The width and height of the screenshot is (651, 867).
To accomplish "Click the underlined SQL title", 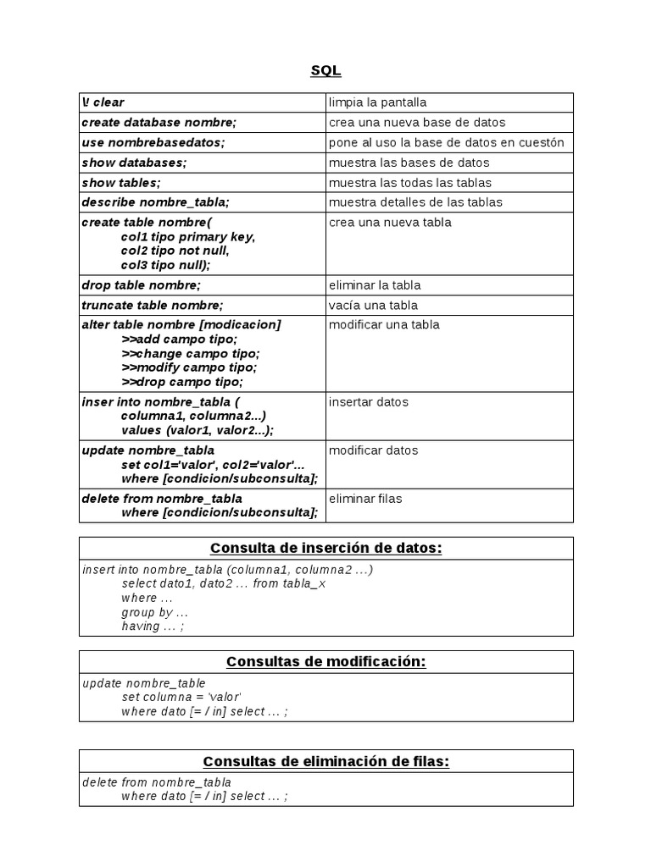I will click(325, 70).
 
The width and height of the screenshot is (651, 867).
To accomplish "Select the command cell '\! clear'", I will click(103, 102).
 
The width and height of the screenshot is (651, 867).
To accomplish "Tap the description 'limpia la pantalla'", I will click(378, 102).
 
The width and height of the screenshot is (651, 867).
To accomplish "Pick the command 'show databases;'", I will click(134, 163).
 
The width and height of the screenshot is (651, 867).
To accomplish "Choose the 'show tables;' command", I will click(121, 183).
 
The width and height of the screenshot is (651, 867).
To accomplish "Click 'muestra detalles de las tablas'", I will click(415, 202).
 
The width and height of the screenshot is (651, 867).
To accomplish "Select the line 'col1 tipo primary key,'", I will click(187, 237).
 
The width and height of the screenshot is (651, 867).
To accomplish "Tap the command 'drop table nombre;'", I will click(141, 285).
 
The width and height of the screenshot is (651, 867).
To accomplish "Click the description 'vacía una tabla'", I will click(373, 306).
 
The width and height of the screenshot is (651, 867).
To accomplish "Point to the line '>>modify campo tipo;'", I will click(189, 367).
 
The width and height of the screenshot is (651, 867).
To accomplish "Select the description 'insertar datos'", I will click(369, 402).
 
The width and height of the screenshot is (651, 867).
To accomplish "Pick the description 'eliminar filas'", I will click(365, 499).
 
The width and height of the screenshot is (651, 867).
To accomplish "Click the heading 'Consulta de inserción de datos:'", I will click(325, 549).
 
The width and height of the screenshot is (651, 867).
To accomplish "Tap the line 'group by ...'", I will click(154, 612).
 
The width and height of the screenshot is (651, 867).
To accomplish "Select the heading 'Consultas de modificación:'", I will click(325, 662).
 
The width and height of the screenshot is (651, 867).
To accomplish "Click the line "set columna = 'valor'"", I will click(181, 698).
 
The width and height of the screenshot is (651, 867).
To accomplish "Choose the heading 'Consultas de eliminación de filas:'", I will click(325, 761).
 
